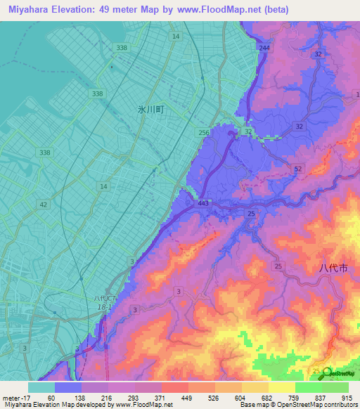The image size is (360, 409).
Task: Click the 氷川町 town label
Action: (150, 110)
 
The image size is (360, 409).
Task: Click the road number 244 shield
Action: (264, 48)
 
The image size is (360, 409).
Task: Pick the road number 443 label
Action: (203, 204)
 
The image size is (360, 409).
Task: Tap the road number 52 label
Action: (297, 169)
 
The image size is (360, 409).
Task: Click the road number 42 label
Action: (44, 204)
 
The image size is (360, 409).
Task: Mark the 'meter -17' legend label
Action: (16, 398)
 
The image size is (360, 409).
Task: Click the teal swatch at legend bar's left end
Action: (41, 387)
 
